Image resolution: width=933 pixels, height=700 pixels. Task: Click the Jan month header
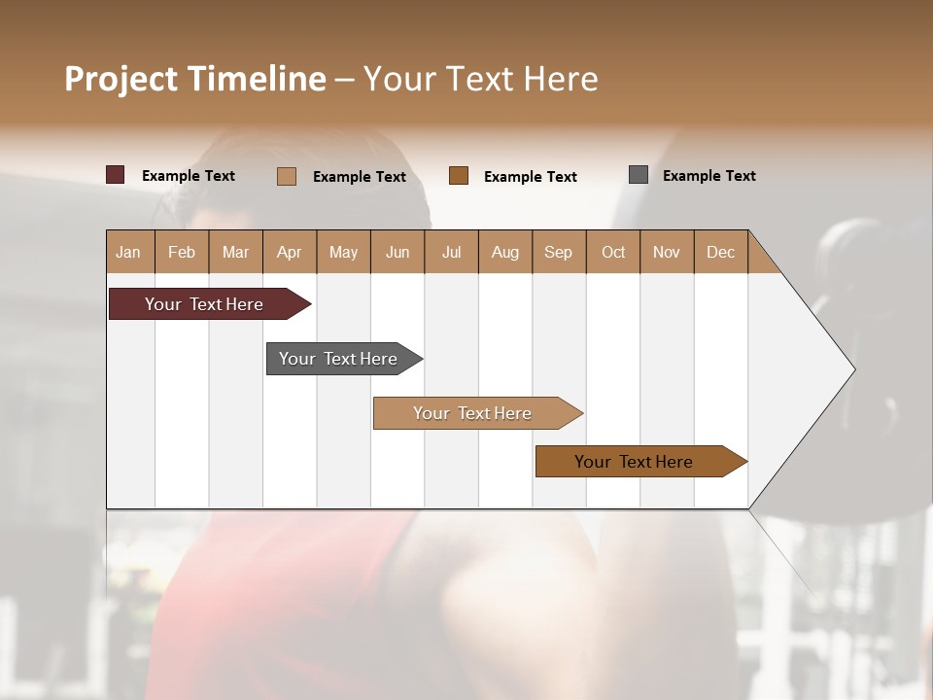[128, 253]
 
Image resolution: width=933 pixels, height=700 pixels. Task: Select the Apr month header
[289, 253]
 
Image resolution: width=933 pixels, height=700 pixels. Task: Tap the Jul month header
[451, 253]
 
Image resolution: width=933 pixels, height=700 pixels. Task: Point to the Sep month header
[558, 253]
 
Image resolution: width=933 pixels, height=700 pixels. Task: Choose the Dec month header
[720, 253]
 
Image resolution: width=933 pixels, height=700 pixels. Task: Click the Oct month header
[613, 253]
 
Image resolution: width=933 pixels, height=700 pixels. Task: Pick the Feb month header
[182, 253]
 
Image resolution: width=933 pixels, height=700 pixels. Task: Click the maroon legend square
[116, 175]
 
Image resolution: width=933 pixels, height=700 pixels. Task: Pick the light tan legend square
[287, 176]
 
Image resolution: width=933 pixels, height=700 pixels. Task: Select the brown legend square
[459, 175]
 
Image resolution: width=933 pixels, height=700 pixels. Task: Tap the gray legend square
[639, 175]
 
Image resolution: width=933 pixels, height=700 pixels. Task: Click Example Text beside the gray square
[708, 176]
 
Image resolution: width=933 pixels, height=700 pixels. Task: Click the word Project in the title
[121, 80]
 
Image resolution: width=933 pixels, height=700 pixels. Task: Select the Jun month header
[397, 253]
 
